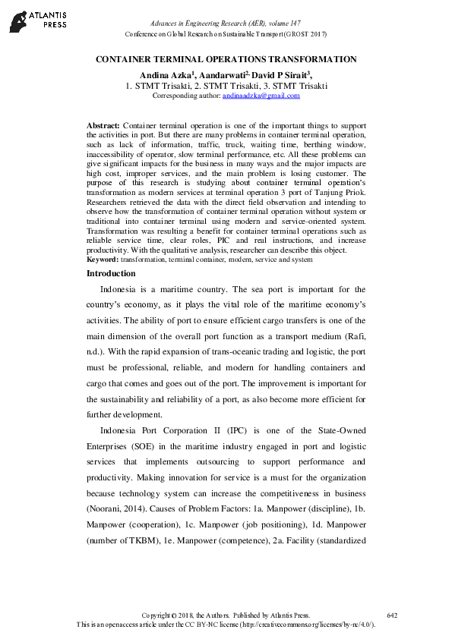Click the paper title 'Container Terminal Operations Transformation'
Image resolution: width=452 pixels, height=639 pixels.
(226, 58)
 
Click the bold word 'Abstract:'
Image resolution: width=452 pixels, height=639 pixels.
(103, 124)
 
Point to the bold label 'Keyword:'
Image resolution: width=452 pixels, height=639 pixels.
(103, 259)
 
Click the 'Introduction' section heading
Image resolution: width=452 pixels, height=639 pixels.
(111, 273)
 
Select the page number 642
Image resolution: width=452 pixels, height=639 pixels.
(392, 615)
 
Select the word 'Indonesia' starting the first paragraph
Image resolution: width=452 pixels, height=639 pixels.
(122, 289)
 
